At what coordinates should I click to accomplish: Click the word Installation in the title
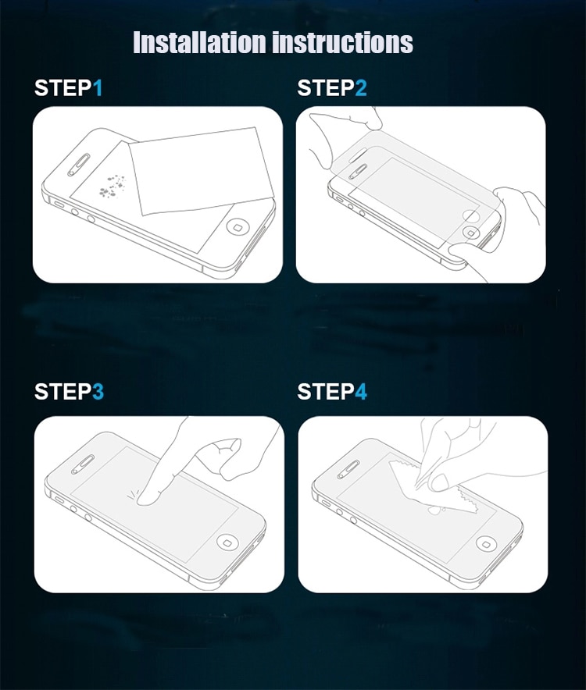[200, 42]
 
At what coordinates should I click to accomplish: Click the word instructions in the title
[342, 42]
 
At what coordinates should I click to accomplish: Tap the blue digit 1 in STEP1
[98, 88]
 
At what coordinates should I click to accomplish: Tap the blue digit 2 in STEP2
[360, 88]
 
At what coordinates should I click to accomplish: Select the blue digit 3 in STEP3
[98, 392]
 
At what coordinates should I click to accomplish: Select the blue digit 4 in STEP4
[360, 392]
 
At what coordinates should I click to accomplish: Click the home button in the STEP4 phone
[488, 542]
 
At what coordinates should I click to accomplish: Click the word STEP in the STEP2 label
[325, 88]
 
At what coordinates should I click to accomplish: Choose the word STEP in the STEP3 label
[63, 392]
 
